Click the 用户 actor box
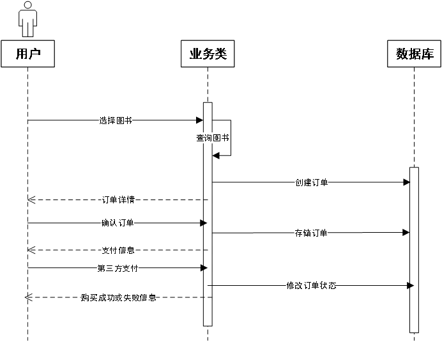click(x=27, y=54)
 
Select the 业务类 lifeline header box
click(x=208, y=54)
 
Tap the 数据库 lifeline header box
click(x=415, y=54)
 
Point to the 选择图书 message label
click(x=116, y=120)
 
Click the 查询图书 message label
click(x=212, y=138)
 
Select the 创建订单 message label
click(x=311, y=183)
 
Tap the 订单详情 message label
click(x=118, y=200)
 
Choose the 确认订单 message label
click(x=117, y=223)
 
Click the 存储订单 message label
click(x=310, y=233)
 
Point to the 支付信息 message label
click(x=118, y=250)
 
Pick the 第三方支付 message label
click(x=118, y=269)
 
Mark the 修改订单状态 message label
click(x=310, y=286)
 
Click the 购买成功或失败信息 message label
click(x=119, y=297)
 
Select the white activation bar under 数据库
click(x=414, y=249)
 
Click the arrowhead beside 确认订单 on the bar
click(x=206, y=223)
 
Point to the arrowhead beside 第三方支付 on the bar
click(x=206, y=268)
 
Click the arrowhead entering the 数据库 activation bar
click(x=412, y=285)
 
